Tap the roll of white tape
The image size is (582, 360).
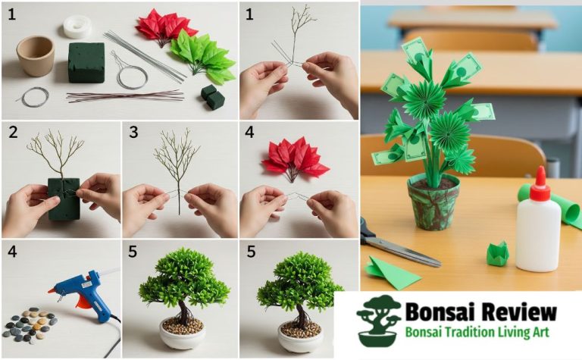[77, 27]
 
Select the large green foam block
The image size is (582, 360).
[86, 61]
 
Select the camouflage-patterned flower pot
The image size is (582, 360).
[433, 201]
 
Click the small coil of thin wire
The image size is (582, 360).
[34, 96]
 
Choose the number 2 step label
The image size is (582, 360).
[12, 133]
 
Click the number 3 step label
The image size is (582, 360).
[133, 133]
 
